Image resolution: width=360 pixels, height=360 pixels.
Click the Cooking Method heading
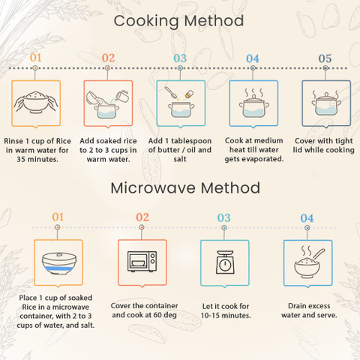178,21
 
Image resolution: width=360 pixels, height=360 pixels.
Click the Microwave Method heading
185,187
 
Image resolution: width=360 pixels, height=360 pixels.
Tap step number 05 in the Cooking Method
325,58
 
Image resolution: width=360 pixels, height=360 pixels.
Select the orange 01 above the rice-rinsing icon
35,58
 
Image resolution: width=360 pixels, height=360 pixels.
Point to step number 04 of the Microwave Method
307,218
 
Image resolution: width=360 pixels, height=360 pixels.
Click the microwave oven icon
142,262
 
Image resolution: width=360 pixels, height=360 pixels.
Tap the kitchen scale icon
225,262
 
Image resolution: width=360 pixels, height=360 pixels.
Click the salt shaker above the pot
189,94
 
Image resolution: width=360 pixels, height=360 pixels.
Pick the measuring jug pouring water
122,96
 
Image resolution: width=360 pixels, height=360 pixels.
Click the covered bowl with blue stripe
59,263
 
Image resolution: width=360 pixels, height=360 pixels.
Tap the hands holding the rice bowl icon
36,102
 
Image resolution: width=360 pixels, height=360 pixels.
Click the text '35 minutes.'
37,159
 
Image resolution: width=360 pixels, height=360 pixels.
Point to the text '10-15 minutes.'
226,315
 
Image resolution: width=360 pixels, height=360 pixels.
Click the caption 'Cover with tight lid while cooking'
324,145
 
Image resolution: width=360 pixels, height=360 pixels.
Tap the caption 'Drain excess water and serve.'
309,310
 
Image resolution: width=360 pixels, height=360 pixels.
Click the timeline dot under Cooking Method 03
180,67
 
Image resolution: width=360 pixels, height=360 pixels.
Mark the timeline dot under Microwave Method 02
142,227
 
